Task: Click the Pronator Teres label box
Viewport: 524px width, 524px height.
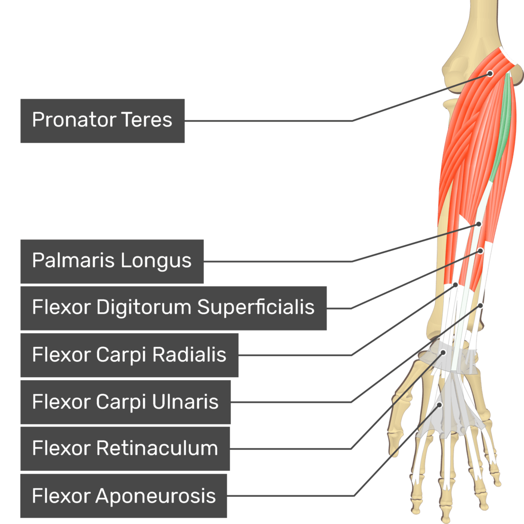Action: pyautogui.click(x=102, y=121)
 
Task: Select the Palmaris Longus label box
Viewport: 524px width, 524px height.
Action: pyautogui.click(x=112, y=261)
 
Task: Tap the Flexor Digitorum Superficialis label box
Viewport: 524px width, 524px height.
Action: pyautogui.click(x=173, y=308)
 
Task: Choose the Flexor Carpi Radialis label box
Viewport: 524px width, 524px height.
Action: pyautogui.click(x=129, y=355)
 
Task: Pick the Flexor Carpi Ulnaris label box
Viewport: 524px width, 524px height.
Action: pyautogui.click(x=125, y=402)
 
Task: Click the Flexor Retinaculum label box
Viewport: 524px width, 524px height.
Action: pyautogui.click(x=125, y=449)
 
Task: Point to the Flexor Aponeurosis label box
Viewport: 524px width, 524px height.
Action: pyautogui.click(x=123, y=496)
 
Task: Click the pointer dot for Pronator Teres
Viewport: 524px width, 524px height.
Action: pyautogui.click(x=490, y=73)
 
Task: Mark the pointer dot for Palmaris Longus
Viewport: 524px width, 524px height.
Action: pyautogui.click(x=479, y=224)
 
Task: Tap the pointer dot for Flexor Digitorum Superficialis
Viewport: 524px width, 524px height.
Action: pyautogui.click(x=481, y=251)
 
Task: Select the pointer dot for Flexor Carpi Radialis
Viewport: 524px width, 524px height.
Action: pyautogui.click(x=455, y=285)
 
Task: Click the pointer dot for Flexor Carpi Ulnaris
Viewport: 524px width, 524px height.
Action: pyautogui.click(x=481, y=305)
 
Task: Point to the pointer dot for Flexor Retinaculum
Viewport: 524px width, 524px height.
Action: pyautogui.click(x=443, y=352)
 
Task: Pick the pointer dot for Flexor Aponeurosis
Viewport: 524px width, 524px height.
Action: pyautogui.click(x=439, y=405)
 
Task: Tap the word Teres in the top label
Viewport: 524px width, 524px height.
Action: pyautogui.click(x=147, y=121)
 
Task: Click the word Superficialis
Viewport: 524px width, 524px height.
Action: pyautogui.click(x=256, y=308)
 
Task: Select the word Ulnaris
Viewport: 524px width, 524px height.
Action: pyautogui.click(x=186, y=402)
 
